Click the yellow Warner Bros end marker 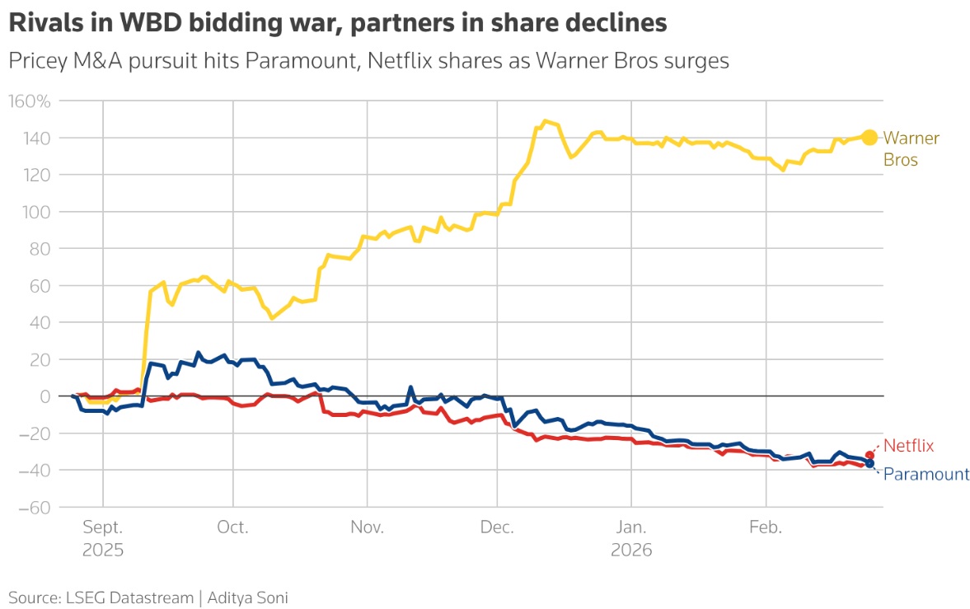(869, 138)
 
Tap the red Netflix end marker (869, 456)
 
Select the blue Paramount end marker (869, 464)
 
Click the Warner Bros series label (911, 148)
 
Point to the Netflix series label (908, 445)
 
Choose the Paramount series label (926, 474)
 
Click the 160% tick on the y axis (30, 101)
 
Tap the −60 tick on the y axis (35, 507)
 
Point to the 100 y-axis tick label (37, 212)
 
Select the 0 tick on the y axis (45, 396)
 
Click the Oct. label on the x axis (232, 527)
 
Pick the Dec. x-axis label (497, 527)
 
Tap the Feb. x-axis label (766, 527)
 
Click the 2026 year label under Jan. (631, 550)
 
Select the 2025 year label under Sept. (103, 550)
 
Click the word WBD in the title (151, 23)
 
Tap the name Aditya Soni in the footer (247, 597)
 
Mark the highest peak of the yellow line (545, 120)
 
